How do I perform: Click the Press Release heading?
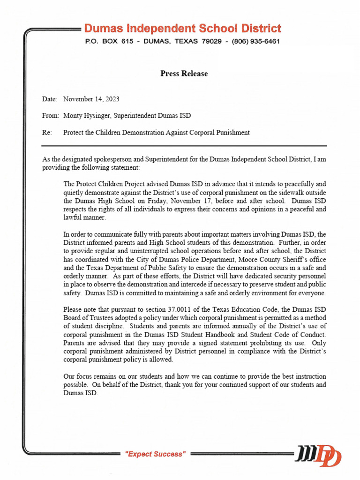184,74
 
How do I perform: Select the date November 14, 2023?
91,99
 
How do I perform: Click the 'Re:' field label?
46,133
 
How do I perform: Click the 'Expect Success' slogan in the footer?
155,454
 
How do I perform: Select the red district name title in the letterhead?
183,28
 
